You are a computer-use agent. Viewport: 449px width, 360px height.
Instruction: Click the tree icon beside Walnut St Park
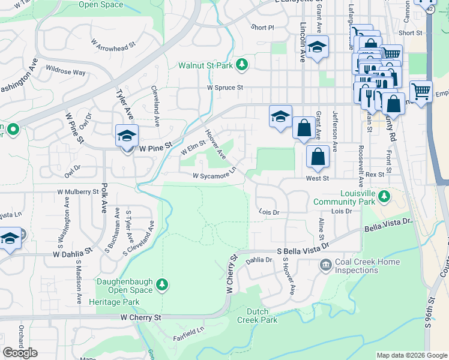[x=241, y=64]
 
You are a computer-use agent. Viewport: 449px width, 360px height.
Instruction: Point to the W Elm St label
[x=193, y=146]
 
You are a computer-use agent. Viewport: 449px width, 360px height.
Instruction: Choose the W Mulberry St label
[x=78, y=192]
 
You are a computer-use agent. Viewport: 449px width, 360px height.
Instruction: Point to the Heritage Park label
[x=118, y=302]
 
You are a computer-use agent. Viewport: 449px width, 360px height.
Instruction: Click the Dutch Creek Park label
[x=262, y=316]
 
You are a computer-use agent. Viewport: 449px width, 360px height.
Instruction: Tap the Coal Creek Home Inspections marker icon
[x=325, y=265]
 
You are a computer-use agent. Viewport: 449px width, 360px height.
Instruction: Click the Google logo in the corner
[x=20, y=353]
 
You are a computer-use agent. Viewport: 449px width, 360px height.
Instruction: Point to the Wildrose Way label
[x=66, y=73]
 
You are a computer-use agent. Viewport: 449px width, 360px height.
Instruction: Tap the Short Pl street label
[x=262, y=28]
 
